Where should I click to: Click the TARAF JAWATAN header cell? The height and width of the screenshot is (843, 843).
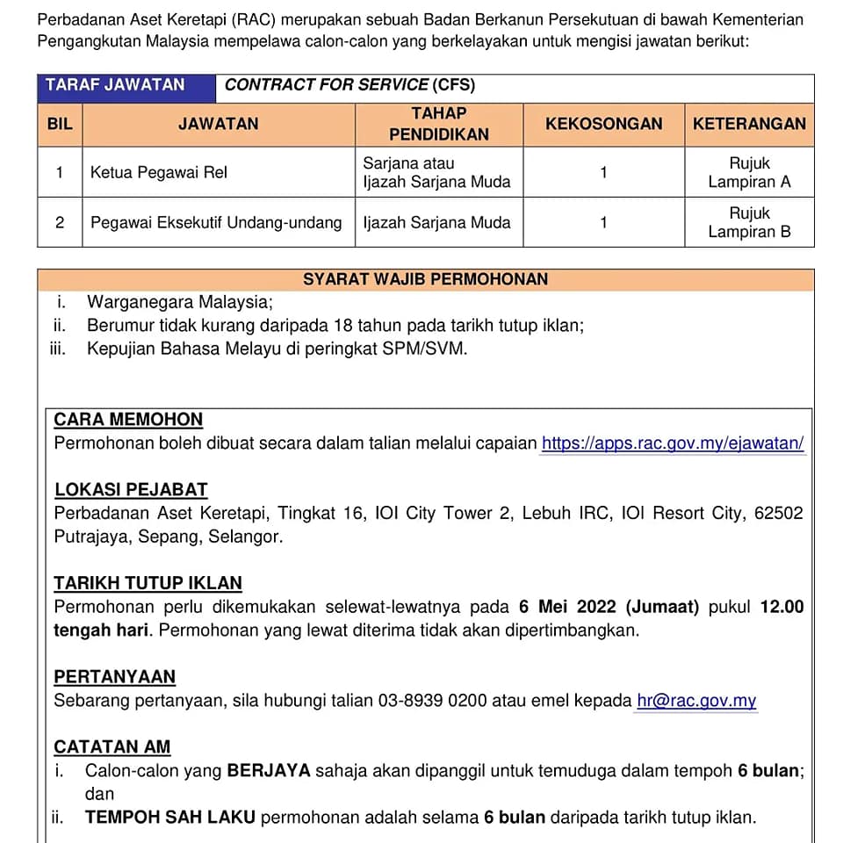tap(115, 85)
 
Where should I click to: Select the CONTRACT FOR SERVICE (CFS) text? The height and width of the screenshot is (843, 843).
tap(349, 85)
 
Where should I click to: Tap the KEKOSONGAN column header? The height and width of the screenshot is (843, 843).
tap(603, 124)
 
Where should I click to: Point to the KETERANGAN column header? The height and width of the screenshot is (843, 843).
tap(749, 124)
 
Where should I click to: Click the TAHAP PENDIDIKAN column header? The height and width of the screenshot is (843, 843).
tap(438, 124)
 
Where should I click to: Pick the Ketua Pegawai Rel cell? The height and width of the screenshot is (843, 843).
tap(159, 172)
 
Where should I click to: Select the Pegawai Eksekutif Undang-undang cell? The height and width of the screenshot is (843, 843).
tap(216, 222)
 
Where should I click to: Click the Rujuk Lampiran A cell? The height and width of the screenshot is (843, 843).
tap(749, 172)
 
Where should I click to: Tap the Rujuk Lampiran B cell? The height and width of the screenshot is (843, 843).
tap(749, 222)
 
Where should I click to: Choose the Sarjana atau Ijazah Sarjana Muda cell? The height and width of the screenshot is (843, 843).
tap(436, 172)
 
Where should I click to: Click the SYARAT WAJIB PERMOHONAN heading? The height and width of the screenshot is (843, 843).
tap(425, 279)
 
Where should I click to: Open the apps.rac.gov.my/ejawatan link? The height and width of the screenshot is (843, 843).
tap(672, 443)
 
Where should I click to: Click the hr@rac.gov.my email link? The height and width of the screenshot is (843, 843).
tap(696, 701)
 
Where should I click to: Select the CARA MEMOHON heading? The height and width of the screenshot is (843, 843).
tap(128, 420)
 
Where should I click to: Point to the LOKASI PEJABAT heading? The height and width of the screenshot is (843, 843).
tap(131, 490)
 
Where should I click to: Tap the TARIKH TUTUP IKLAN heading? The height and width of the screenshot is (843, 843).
tap(148, 583)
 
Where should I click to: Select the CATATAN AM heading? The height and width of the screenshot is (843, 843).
tap(112, 747)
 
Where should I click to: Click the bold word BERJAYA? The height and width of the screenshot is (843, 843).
tap(269, 771)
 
